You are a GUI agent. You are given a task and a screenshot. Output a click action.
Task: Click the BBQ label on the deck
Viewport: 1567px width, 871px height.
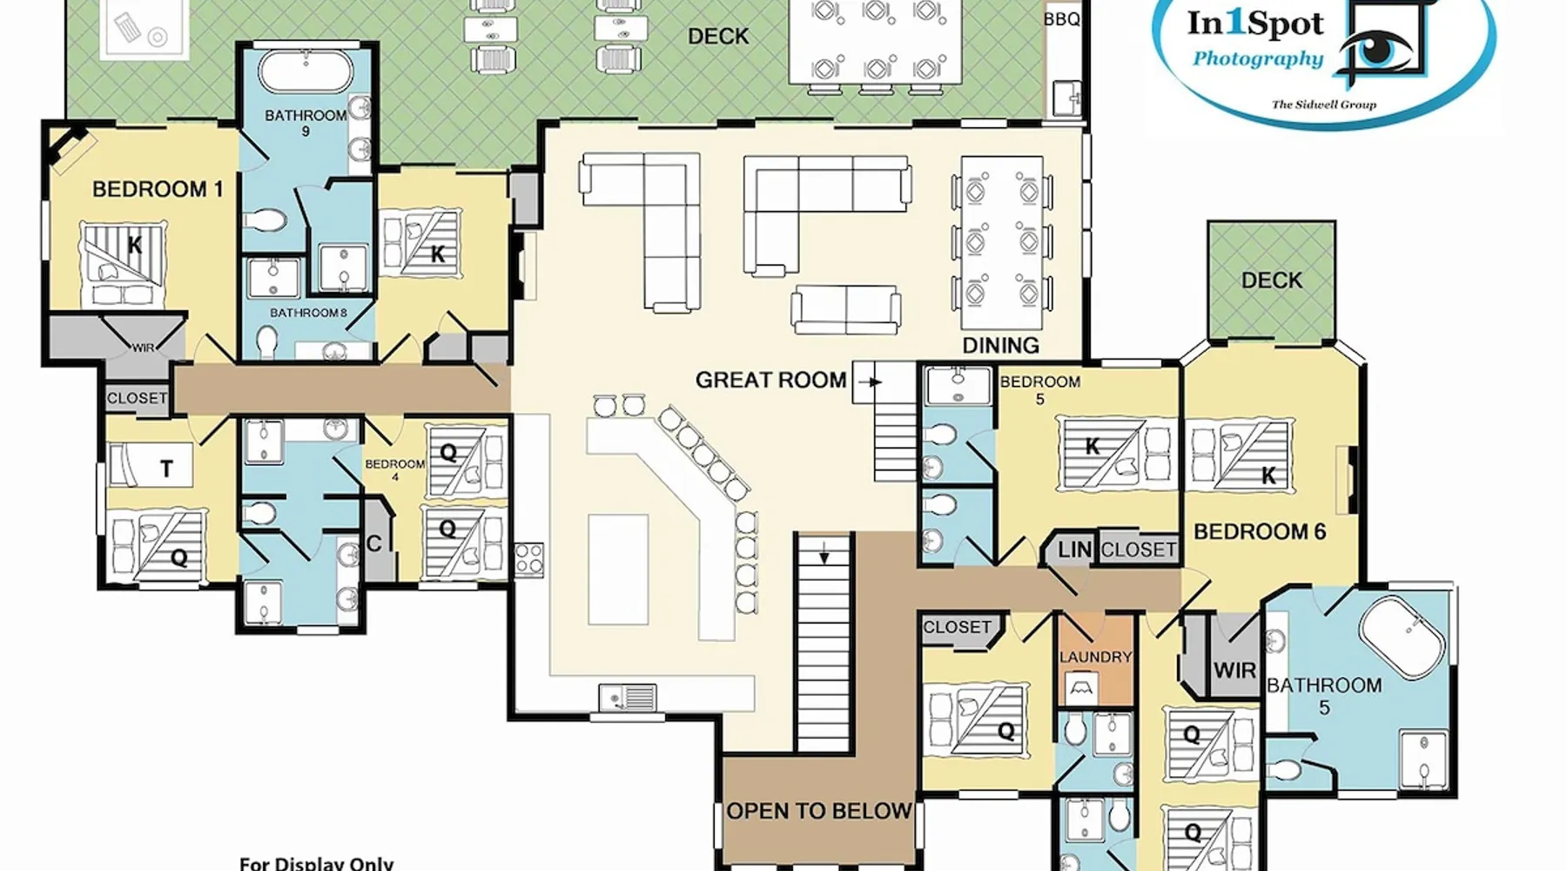point(1061,18)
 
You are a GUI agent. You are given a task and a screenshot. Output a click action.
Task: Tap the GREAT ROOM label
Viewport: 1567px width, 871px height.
point(770,380)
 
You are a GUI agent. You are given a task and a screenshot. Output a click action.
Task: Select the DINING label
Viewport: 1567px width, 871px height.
point(1000,345)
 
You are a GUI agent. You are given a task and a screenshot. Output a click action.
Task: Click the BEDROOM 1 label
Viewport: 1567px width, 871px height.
point(158,189)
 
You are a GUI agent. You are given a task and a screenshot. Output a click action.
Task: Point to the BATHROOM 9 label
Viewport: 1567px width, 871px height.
point(306,123)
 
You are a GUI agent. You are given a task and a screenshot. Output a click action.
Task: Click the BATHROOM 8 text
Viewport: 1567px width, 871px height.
point(308,313)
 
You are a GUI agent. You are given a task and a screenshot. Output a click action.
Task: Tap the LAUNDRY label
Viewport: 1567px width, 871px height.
point(1095,657)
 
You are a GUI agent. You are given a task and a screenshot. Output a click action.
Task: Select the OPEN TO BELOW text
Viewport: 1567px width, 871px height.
point(818,811)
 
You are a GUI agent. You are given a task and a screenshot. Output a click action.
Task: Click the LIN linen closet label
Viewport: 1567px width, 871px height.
point(1074,550)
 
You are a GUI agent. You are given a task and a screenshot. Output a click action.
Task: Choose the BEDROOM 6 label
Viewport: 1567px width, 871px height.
point(1259,531)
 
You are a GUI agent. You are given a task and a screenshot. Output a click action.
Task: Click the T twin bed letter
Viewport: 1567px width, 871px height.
point(166,469)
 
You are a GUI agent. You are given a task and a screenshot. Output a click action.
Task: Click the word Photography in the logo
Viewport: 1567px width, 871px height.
point(1258,59)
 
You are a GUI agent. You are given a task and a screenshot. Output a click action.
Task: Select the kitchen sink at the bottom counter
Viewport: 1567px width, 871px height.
point(628,697)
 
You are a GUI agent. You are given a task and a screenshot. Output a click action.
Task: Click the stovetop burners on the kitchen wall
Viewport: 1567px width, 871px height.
point(529,559)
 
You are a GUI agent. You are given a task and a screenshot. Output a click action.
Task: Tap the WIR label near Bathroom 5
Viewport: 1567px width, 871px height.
point(1234,670)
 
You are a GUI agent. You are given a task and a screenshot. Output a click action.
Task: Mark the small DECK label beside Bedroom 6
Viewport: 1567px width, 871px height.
point(1271,280)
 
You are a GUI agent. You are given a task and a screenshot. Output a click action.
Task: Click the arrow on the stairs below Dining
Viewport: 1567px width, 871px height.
point(870,381)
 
